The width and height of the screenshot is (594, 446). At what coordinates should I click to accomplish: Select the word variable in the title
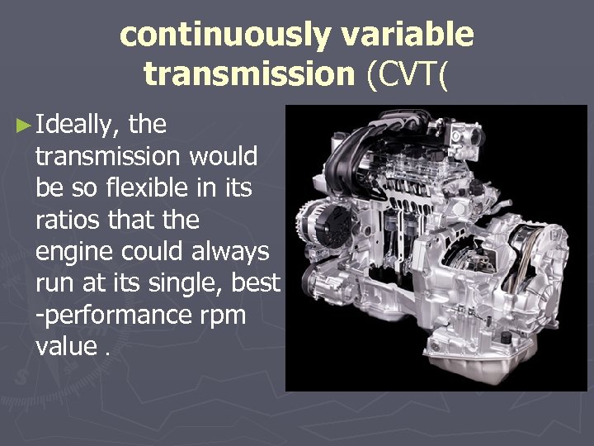[x=412, y=36]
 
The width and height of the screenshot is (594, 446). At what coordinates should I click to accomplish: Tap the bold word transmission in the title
[x=247, y=74]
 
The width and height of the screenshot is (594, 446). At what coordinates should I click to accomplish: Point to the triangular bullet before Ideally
[x=23, y=126]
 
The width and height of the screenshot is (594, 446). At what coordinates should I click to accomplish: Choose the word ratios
[x=69, y=219]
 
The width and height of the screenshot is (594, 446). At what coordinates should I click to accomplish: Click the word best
[x=257, y=282]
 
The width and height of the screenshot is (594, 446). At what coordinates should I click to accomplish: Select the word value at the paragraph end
[x=66, y=345]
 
